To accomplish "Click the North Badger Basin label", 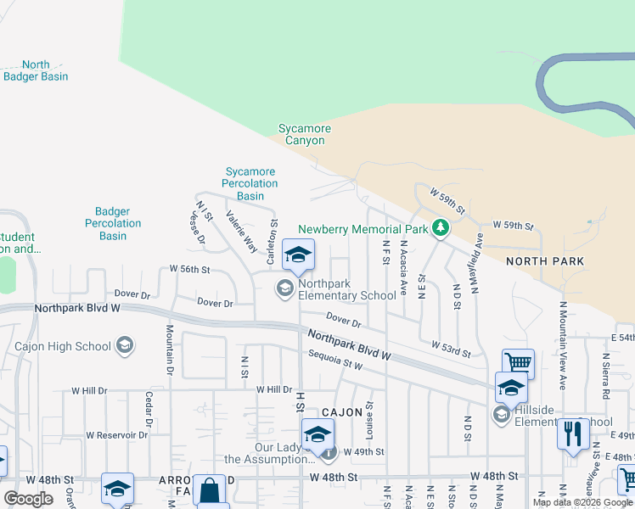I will [x=36, y=70].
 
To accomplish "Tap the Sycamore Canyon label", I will [x=305, y=134].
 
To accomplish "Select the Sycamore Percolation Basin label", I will [x=250, y=183].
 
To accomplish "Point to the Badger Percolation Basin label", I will [x=113, y=223].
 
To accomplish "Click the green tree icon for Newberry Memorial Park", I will [x=440, y=227].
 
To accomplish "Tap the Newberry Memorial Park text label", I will [x=362, y=229].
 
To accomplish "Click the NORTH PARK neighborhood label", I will [x=545, y=261].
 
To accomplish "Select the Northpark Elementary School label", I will [x=347, y=290].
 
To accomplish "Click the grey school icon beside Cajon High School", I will [x=125, y=345].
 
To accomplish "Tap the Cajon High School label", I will [x=63, y=346].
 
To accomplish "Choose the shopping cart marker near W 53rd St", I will [x=518, y=364].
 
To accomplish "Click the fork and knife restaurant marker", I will [x=574, y=433].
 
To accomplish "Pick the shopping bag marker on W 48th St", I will [x=209, y=489].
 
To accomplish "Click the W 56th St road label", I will [x=189, y=269].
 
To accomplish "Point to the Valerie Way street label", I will [x=242, y=232].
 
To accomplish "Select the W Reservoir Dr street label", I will [x=116, y=435].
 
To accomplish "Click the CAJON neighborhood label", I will [x=342, y=411].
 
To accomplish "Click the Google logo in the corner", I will [x=28, y=498].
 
